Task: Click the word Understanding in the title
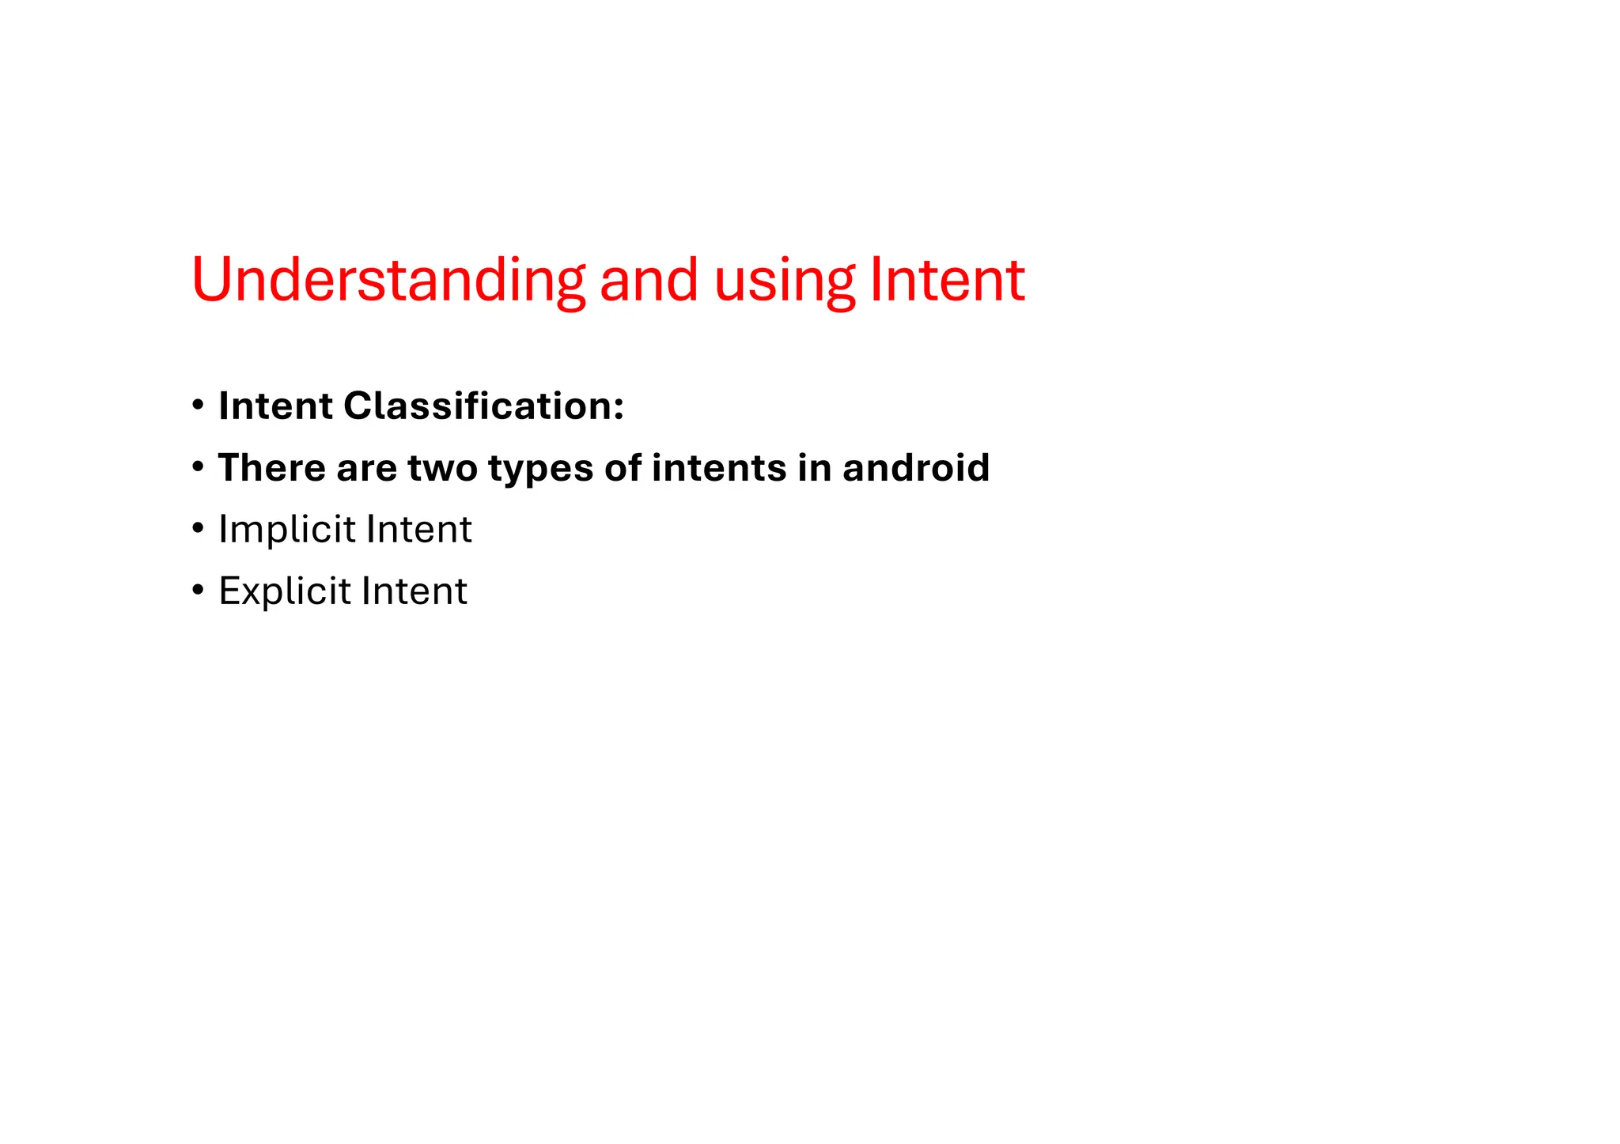(x=388, y=280)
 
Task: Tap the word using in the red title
(x=784, y=281)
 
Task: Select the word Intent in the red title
(x=947, y=280)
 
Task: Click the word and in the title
(x=649, y=280)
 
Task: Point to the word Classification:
(x=483, y=406)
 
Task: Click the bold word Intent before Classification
(x=275, y=406)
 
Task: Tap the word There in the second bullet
(x=271, y=467)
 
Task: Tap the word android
(x=915, y=467)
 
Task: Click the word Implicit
(x=286, y=530)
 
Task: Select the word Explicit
(x=284, y=591)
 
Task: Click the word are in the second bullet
(x=366, y=469)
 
